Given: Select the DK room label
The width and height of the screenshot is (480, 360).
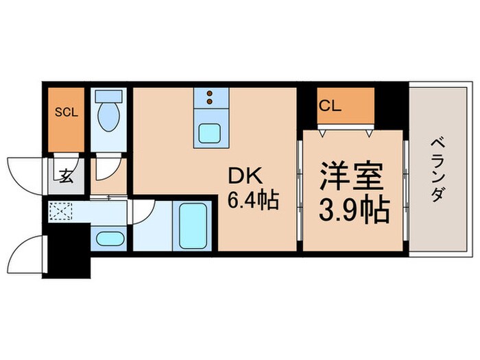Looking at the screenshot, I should click(x=243, y=177).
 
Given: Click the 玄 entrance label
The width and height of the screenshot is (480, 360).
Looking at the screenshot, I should click(x=66, y=177).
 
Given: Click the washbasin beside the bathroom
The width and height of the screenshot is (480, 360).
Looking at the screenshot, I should click(x=108, y=239).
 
